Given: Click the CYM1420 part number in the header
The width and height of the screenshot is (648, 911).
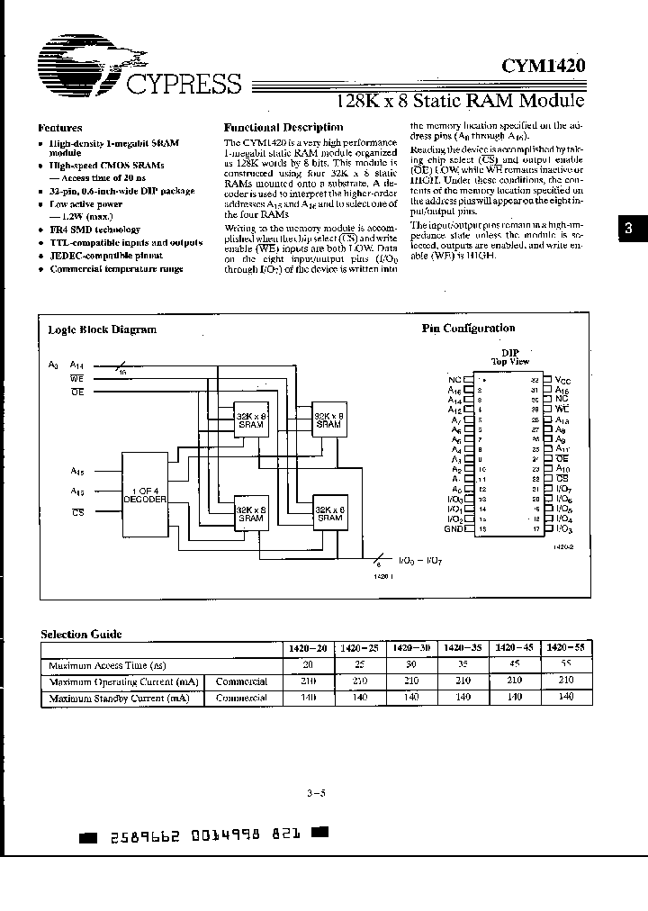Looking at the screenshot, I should tap(543, 65).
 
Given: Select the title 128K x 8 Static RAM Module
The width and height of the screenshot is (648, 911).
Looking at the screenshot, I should tap(460, 101).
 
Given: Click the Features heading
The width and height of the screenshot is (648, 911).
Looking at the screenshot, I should tap(61, 128).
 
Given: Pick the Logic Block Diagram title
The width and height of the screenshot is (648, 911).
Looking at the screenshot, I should tap(102, 329).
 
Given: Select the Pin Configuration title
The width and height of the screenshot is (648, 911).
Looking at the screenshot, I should tap(468, 329).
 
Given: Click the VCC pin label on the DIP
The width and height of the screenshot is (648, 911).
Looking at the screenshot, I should tap(563, 382).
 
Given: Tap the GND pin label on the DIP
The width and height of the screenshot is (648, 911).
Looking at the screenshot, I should tap(454, 529).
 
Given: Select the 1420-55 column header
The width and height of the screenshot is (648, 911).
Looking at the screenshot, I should tap(565, 648).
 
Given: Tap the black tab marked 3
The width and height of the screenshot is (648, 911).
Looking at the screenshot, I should tap(629, 230).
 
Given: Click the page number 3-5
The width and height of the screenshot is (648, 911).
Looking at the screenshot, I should tap(316, 793).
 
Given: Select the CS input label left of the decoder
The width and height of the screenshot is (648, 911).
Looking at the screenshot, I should tap(77, 512).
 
